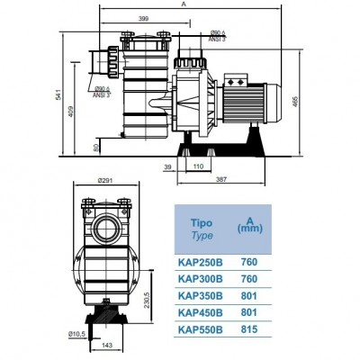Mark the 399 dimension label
tap(143, 18)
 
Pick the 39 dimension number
tap(168, 166)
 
